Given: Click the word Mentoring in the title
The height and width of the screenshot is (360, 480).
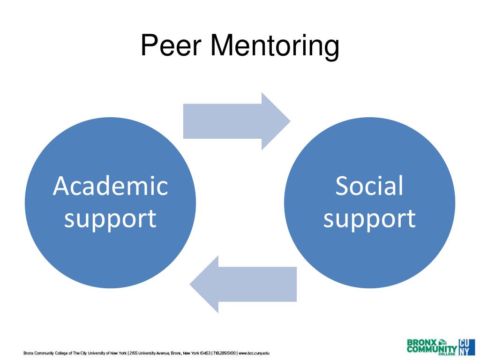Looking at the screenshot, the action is click(x=274, y=47).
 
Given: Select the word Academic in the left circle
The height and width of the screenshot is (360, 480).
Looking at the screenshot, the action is click(x=110, y=186).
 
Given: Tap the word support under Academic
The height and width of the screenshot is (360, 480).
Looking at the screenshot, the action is click(x=110, y=218).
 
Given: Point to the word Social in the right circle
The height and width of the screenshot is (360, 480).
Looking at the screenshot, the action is click(x=369, y=186).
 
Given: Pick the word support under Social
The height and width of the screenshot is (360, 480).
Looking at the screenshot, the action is click(x=369, y=218).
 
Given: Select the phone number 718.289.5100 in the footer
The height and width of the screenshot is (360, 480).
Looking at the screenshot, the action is click(x=225, y=353).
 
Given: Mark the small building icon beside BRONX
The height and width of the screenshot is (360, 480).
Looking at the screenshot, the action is click(x=442, y=342).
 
